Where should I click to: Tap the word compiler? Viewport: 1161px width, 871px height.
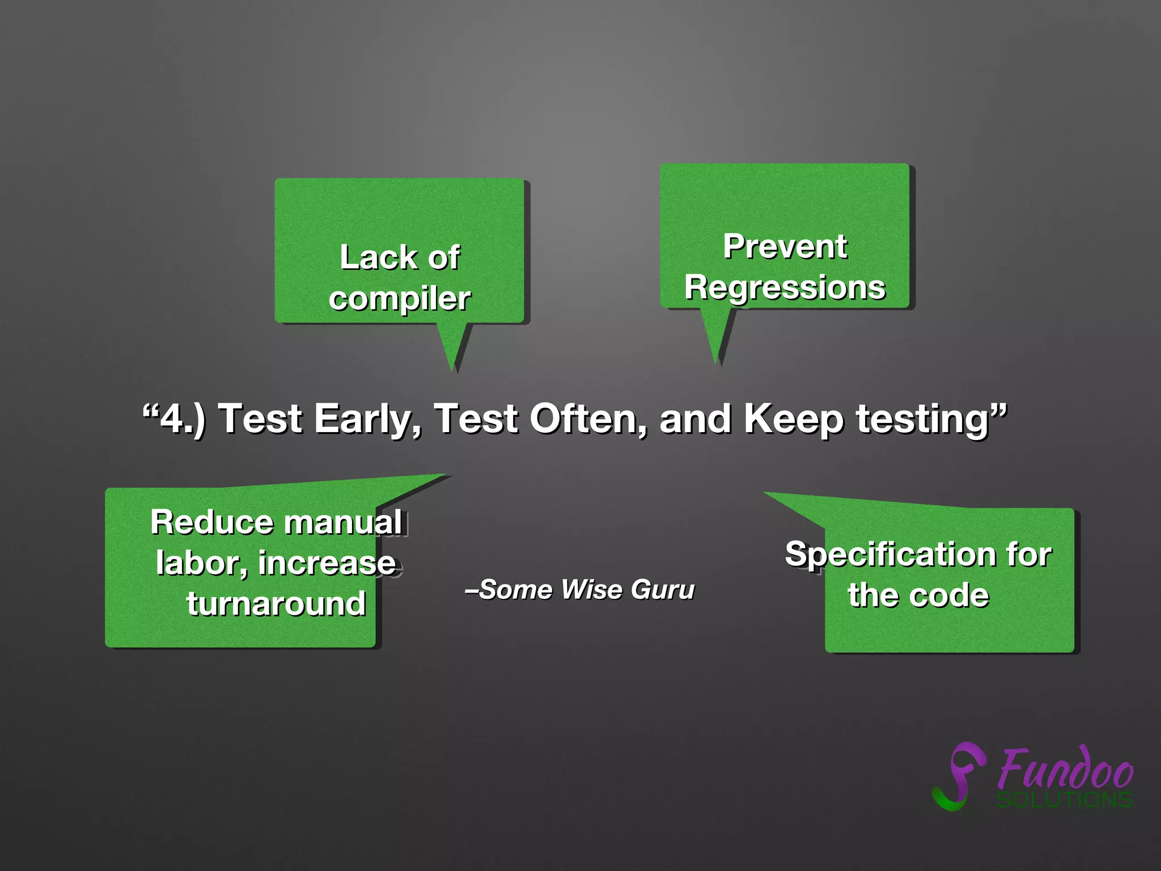[x=400, y=299]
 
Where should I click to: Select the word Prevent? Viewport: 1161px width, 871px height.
[x=785, y=247]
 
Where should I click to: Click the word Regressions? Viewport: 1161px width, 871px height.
[x=785, y=287]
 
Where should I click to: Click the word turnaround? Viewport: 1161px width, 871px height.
[x=276, y=603]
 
